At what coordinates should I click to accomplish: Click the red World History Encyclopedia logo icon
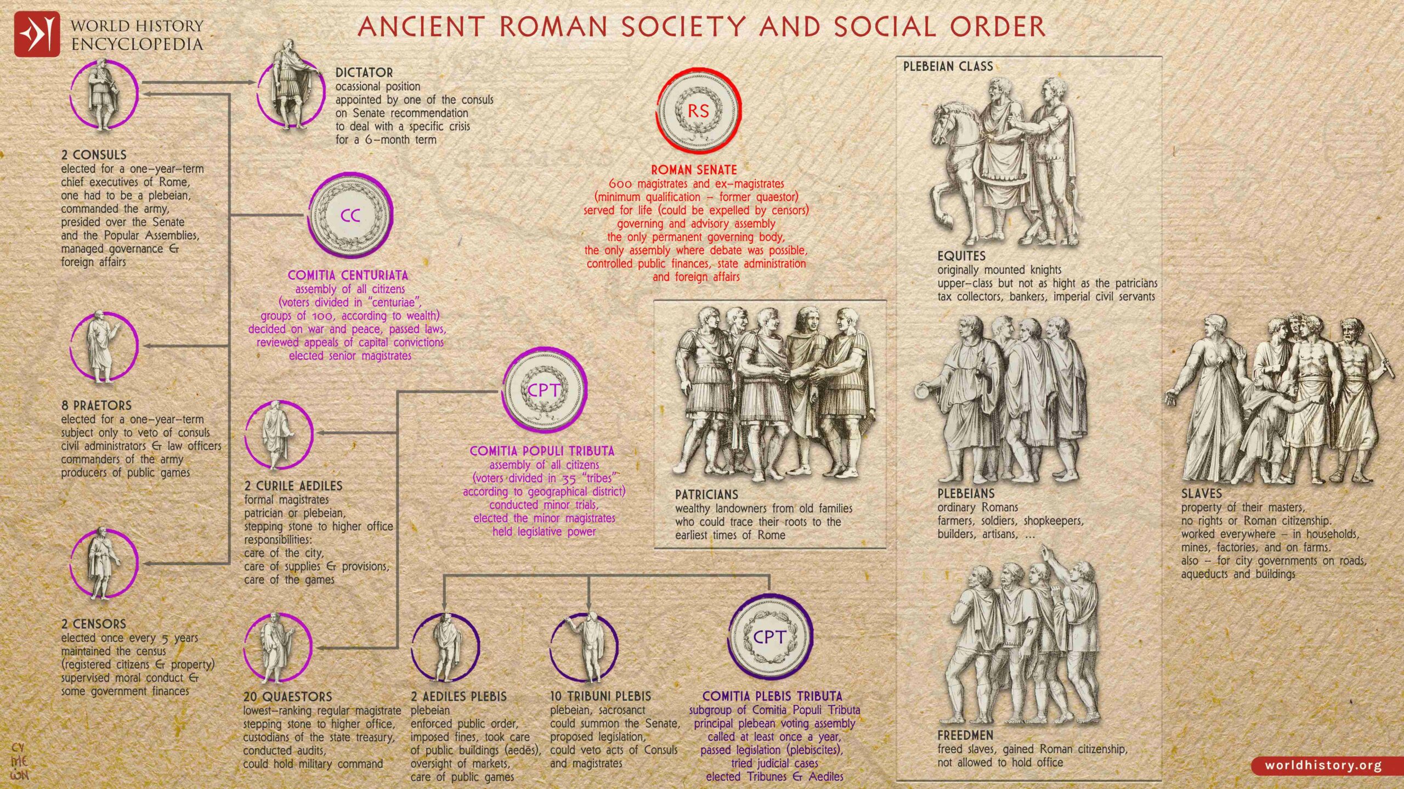tap(37, 34)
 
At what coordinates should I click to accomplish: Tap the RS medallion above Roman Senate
tap(698, 111)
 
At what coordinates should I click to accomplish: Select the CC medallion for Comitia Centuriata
tap(350, 215)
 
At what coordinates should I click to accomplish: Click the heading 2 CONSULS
tap(94, 155)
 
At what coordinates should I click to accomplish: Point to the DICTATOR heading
tap(364, 72)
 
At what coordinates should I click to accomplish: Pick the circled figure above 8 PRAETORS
tap(104, 346)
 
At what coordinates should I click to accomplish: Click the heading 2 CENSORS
tap(94, 624)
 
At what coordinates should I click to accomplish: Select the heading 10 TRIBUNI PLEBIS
tap(600, 696)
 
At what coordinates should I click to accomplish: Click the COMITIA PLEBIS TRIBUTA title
tap(772, 696)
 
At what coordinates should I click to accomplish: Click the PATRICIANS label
tap(706, 494)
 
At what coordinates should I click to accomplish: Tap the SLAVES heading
tap(1202, 494)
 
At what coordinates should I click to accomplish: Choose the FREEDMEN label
tap(965, 735)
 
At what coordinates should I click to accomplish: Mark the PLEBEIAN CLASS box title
tap(948, 66)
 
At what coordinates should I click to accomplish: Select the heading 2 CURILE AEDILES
tap(293, 486)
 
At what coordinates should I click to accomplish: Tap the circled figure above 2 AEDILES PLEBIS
tap(445, 648)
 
